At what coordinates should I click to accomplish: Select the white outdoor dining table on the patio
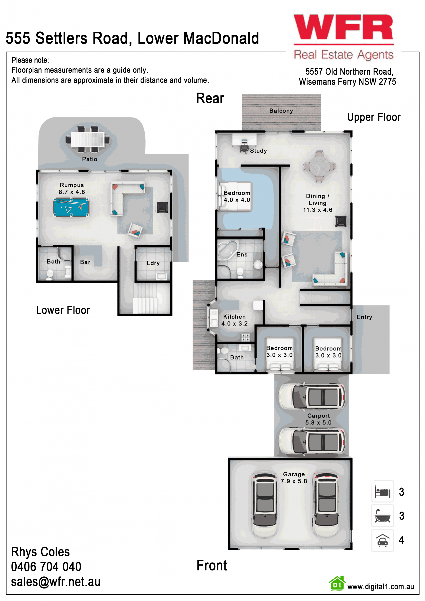point(88,139)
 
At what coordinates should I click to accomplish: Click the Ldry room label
point(153,263)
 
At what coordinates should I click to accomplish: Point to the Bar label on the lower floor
point(85,262)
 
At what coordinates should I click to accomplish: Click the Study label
point(258,151)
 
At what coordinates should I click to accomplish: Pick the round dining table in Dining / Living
point(319,166)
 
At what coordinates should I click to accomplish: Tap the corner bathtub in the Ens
point(228,250)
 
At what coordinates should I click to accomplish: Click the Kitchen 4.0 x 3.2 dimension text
point(234,324)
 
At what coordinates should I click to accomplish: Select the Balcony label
point(281,111)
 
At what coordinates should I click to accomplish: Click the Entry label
point(364,317)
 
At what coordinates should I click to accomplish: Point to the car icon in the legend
point(382,540)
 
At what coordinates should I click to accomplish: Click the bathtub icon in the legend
point(382,516)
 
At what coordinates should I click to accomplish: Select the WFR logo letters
point(343,27)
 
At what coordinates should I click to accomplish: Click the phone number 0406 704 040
point(46,567)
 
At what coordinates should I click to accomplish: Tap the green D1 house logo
point(337,584)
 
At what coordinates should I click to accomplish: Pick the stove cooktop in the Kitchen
point(245,337)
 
